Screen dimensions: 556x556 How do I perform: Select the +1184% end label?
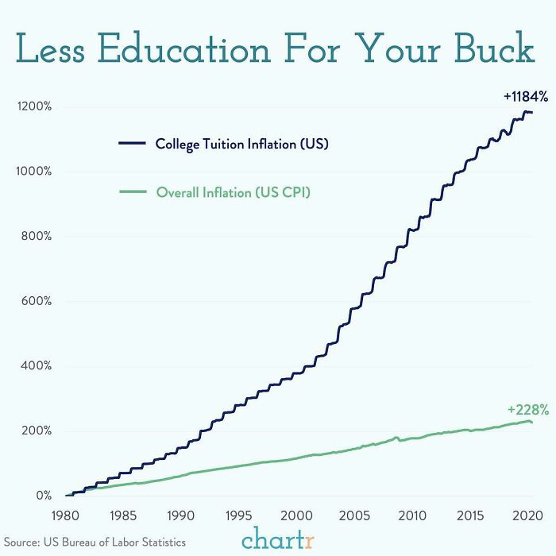click(x=525, y=96)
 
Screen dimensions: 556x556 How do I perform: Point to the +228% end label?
click(x=528, y=410)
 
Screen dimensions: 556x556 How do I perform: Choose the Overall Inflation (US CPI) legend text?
click(x=233, y=191)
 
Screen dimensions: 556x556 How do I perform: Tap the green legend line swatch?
click(x=132, y=191)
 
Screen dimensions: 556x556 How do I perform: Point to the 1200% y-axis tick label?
click(x=32, y=106)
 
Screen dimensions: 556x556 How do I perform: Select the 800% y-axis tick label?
click(x=34, y=236)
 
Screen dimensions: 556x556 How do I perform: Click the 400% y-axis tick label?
click(x=34, y=366)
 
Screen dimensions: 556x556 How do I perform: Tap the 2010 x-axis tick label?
click(x=410, y=515)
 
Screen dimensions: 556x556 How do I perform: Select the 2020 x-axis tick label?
click(x=523, y=515)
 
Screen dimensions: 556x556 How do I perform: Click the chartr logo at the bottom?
click(x=277, y=537)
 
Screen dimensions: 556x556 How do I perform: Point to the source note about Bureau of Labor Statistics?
click(x=95, y=542)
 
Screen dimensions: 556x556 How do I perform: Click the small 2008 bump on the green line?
click(x=396, y=437)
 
